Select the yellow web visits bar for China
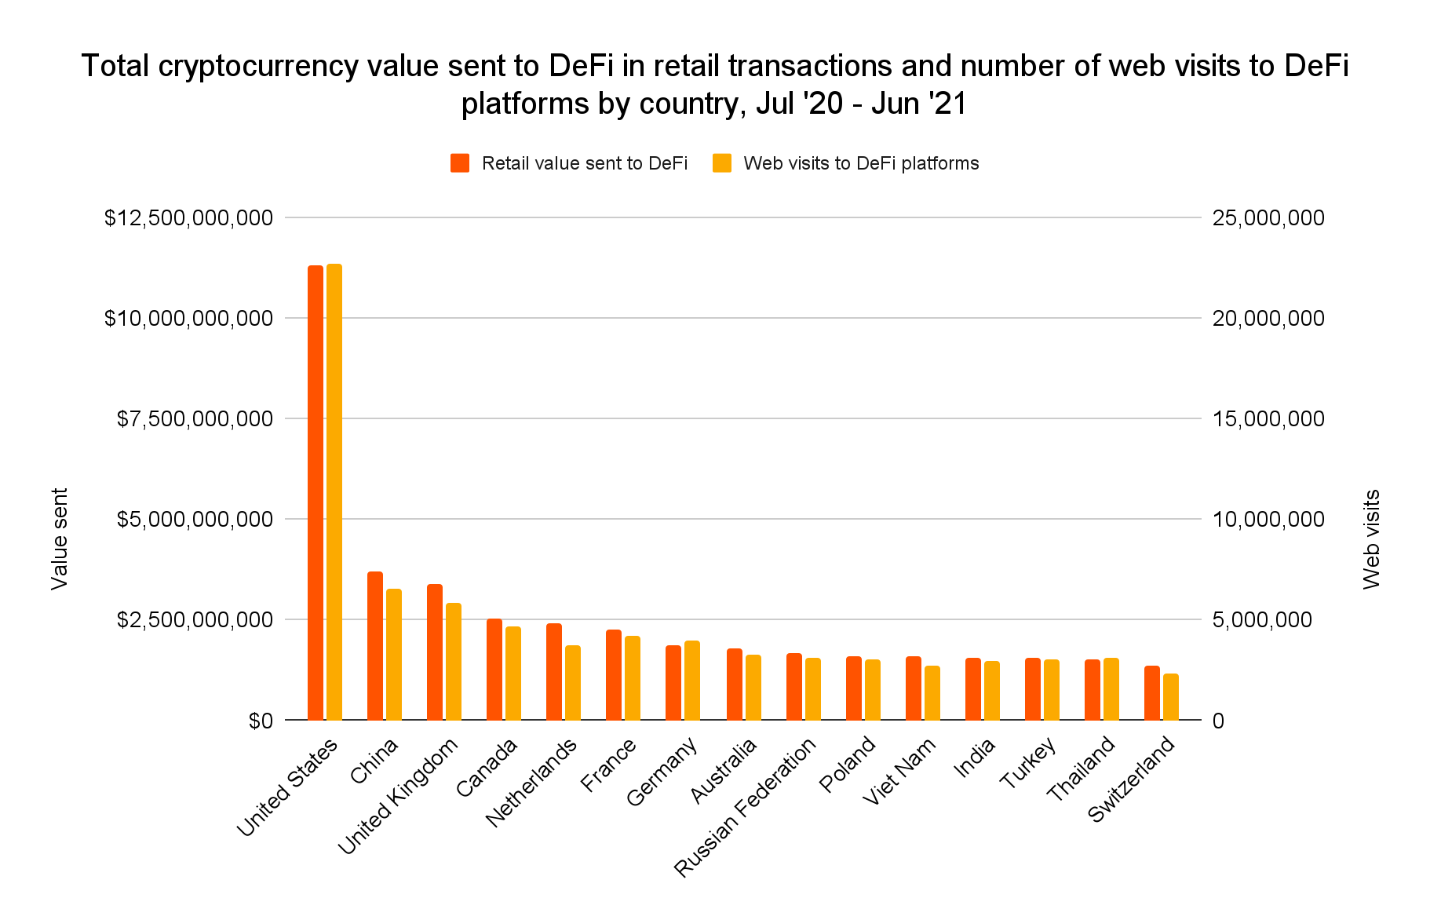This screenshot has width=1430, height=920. pyautogui.click(x=394, y=655)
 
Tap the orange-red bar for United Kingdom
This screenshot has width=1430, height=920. pyautogui.click(x=435, y=652)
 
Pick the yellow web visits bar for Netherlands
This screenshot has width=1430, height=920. pyautogui.click(x=573, y=683)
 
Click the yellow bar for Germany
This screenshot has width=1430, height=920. pyautogui.click(x=692, y=681)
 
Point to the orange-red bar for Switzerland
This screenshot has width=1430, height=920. pyautogui.click(x=1152, y=693)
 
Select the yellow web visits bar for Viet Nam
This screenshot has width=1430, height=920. pyautogui.click(x=932, y=693)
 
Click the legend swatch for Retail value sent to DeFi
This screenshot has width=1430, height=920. pyautogui.click(x=460, y=163)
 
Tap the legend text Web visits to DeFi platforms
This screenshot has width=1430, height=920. pyautogui.click(x=861, y=163)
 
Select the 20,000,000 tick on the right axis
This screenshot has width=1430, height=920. pyautogui.click(x=1268, y=318)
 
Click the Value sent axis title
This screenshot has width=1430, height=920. pyautogui.click(x=60, y=538)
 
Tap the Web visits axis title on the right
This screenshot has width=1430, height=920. pyautogui.click(x=1371, y=538)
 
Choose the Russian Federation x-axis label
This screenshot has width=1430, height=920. pyautogui.click(x=746, y=808)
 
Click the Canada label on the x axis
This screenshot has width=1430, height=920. pyautogui.click(x=487, y=768)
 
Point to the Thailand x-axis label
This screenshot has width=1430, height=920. pyautogui.click(x=1082, y=770)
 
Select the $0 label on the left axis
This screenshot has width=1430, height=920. pyautogui.click(x=261, y=721)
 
